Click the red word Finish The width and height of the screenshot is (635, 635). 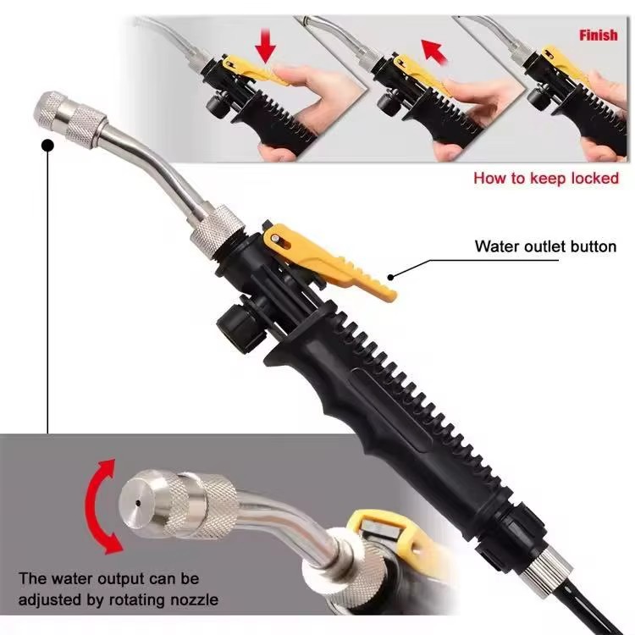point(598,36)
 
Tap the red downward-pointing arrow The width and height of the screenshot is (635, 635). point(266,46)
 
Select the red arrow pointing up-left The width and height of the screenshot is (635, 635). point(435,52)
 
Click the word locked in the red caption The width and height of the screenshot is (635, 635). point(595,178)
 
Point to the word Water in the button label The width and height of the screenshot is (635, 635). point(496,246)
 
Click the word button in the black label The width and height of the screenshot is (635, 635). point(594,246)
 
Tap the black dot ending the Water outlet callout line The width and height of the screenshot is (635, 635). point(390,277)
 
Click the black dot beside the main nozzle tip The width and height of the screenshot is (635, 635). point(47,145)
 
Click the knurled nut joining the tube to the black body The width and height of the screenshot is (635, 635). point(216,233)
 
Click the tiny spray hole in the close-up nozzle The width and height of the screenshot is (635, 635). point(139,503)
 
